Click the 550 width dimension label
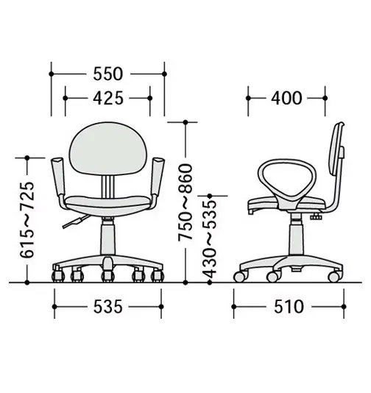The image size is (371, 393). [x=108, y=74]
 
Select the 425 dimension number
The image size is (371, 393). [x=108, y=98]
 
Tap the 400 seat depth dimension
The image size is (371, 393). [x=286, y=98]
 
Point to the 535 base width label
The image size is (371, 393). [x=108, y=307]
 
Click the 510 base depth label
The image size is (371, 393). [x=289, y=307]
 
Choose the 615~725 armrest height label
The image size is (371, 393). [x=27, y=220]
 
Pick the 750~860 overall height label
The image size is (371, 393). [x=185, y=202]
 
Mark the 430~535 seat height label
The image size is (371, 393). [x=209, y=239]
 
